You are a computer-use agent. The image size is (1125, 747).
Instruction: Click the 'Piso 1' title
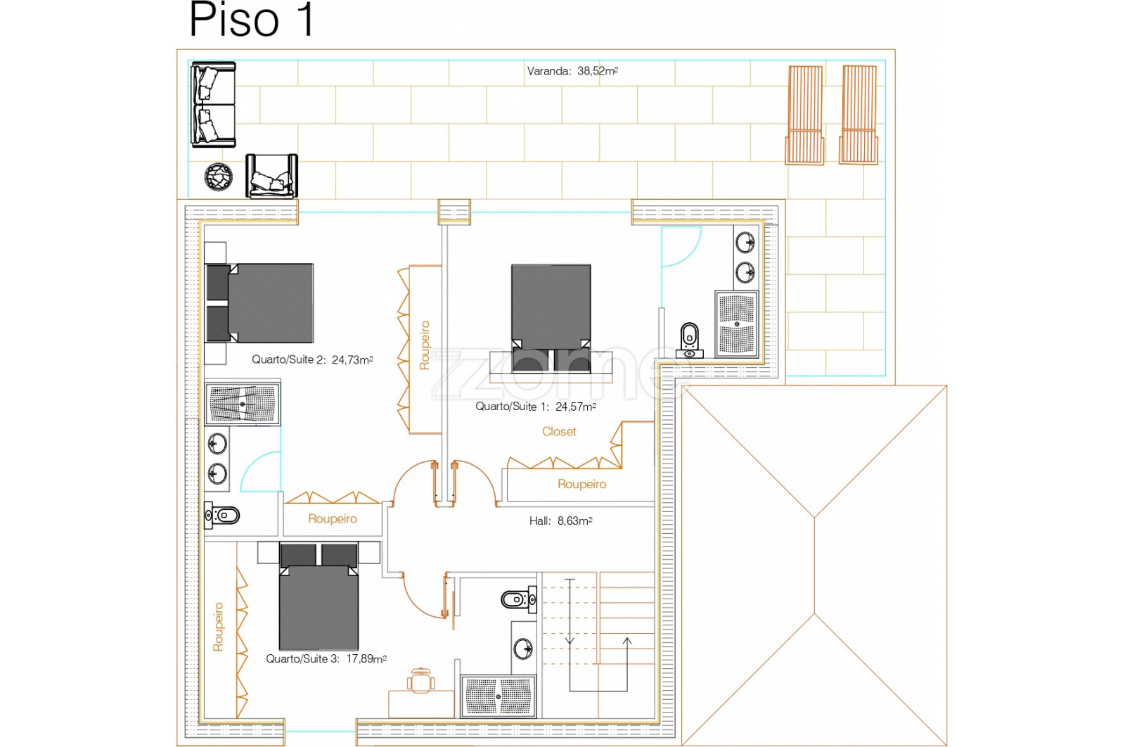tap(251, 19)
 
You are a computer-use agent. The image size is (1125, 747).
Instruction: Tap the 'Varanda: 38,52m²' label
tap(572, 71)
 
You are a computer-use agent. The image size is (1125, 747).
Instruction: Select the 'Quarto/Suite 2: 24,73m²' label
tap(312, 359)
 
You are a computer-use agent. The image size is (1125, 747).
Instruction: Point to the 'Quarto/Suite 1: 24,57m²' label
tap(536, 407)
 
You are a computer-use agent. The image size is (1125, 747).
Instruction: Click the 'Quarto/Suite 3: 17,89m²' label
tap(326, 659)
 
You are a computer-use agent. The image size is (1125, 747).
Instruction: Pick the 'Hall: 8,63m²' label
tap(560, 521)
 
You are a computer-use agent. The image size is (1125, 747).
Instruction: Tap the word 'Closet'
tap(559, 432)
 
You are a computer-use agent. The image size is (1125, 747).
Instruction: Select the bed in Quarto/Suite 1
tap(551, 317)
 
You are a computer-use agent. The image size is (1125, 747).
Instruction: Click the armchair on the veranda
tap(271, 176)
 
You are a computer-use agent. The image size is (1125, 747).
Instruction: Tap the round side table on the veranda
tap(218, 177)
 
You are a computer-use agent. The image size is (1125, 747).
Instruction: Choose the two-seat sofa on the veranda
tap(213, 105)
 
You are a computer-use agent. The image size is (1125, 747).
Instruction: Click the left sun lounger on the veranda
tap(804, 115)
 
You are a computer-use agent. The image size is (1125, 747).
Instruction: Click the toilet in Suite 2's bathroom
tap(223, 516)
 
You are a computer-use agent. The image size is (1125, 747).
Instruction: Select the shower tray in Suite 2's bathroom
tap(243, 404)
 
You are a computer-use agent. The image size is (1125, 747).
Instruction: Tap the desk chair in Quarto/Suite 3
tap(420, 680)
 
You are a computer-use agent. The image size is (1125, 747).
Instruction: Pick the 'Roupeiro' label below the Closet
tap(581, 485)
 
